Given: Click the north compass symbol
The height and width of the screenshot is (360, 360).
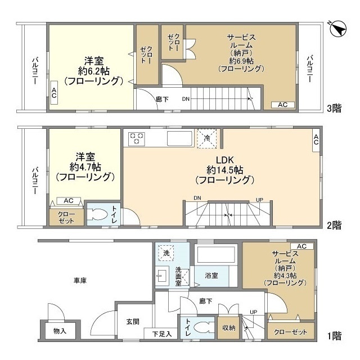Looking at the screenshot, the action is tap(338, 29).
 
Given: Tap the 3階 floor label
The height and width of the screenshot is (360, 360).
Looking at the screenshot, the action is tap(334, 108).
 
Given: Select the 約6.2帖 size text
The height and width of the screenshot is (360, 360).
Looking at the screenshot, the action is tap(94, 71).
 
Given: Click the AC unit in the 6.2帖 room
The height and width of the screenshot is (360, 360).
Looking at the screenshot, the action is tap(54, 92).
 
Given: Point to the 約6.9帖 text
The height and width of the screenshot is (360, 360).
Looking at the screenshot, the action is tap(241, 61).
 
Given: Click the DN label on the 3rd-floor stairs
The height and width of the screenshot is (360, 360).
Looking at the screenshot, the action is tap(186, 99).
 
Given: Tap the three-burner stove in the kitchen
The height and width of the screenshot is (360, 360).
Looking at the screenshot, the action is tap(136, 139).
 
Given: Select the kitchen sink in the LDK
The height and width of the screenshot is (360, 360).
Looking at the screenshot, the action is tap(179, 138).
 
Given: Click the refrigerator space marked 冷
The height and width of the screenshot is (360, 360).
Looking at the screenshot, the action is tap(207, 138).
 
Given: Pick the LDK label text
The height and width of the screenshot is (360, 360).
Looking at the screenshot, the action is tap(225, 160).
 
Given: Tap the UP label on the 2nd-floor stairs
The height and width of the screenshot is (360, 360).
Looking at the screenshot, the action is tap(259, 200).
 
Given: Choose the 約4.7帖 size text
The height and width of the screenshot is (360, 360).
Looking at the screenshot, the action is tap(85, 167).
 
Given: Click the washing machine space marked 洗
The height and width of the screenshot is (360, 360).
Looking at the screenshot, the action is tap(166, 253).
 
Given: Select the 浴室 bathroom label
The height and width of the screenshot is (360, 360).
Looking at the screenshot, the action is tap(211, 275).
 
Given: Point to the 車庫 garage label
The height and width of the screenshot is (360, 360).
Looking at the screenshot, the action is tap(80, 280).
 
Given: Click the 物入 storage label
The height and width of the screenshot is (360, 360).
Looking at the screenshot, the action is tap(60, 331).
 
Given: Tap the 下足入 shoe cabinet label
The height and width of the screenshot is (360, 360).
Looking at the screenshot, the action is tap(162, 334).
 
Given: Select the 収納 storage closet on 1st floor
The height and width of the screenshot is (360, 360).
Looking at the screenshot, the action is tap(229, 328).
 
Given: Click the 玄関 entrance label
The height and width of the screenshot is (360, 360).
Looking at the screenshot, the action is tap(133, 322).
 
